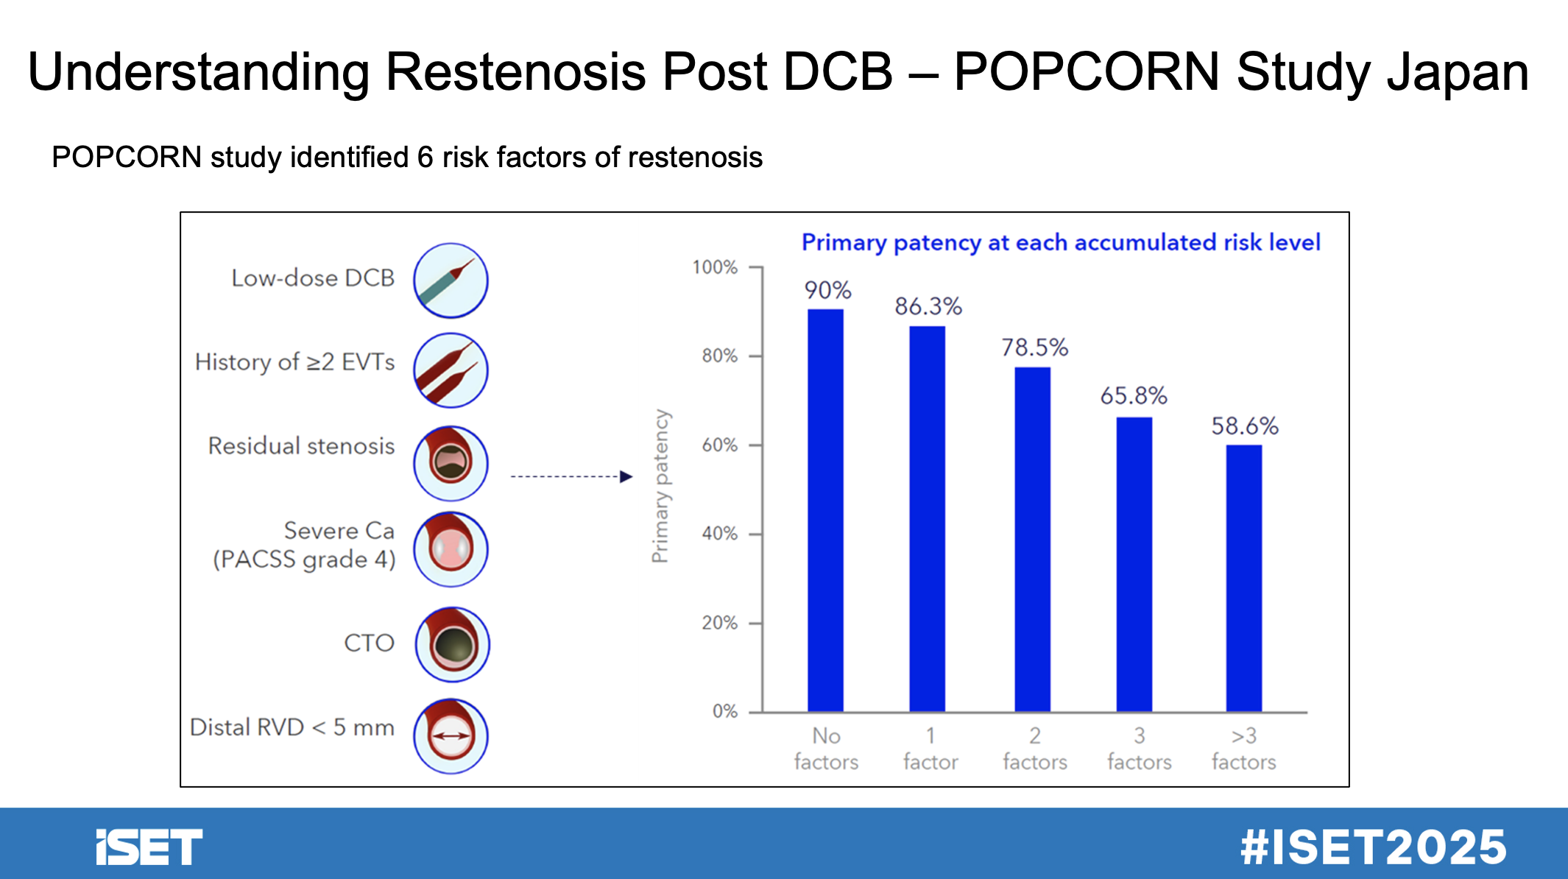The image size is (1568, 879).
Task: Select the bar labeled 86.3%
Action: pyautogui.click(x=927, y=519)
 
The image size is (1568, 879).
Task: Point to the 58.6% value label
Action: pyautogui.click(x=1245, y=426)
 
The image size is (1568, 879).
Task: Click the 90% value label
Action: pyautogui.click(x=827, y=290)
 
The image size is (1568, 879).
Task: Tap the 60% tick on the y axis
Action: pyautogui.click(x=719, y=445)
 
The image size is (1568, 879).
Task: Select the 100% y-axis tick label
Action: pyautogui.click(x=714, y=267)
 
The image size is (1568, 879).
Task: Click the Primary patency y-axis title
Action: pyautogui.click(x=660, y=486)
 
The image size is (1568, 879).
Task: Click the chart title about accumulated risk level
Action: pyautogui.click(x=1060, y=242)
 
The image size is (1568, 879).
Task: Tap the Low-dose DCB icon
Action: pyautogui.click(x=451, y=280)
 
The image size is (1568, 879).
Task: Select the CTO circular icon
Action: pyautogui.click(x=452, y=644)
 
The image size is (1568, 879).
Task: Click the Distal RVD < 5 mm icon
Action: pyautogui.click(x=451, y=735)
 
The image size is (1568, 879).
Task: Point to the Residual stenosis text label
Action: pyautogui.click(x=301, y=445)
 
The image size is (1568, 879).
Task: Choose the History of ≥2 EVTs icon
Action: pyautogui.click(x=451, y=370)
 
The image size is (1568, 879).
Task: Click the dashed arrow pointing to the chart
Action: pyautogui.click(x=571, y=477)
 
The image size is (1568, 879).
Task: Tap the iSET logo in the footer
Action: pyautogui.click(x=149, y=847)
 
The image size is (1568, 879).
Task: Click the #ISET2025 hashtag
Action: pyautogui.click(x=1373, y=847)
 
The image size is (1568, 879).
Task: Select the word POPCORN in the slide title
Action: pyautogui.click(x=1087, y=72)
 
